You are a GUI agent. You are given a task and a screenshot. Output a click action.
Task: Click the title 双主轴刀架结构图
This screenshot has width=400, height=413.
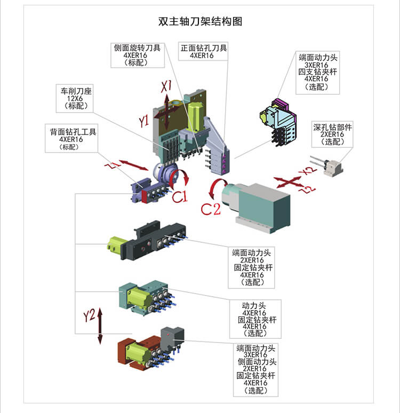point(200,22)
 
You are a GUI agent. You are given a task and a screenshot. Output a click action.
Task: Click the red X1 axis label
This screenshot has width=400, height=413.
point(167,86)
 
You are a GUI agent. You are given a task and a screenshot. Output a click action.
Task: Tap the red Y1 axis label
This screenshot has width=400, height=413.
point(143,122)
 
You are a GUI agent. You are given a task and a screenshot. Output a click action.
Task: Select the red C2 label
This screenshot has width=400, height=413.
point(210,209)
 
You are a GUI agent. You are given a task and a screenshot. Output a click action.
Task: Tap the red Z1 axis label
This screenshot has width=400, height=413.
point(111,167)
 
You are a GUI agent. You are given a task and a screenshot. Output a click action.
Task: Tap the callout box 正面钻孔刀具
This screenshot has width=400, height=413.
point(204,51)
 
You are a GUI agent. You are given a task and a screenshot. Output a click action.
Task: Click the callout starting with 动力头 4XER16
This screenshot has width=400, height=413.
point(255,319)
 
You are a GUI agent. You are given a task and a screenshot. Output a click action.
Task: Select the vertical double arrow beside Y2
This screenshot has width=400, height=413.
point(100,326)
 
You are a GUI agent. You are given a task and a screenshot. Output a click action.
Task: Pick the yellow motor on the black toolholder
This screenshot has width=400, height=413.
point(116,246)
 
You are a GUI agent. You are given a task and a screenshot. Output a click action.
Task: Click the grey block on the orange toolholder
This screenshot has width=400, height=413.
point(172,335)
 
